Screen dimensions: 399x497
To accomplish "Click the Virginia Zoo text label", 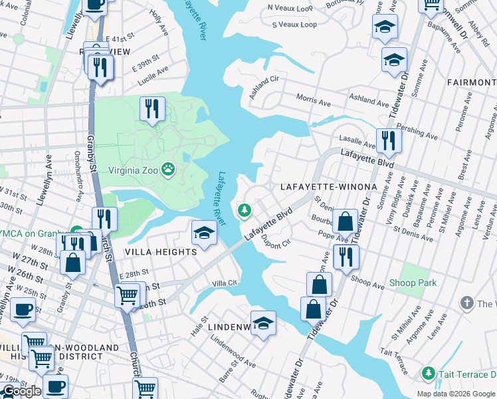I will click(x=128, y=170).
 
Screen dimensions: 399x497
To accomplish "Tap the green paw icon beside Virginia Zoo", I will click(x=169, y=170).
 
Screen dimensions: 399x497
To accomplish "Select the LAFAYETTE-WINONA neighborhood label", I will click(x=328, y=187).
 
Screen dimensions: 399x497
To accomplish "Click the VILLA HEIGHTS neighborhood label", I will click(x=160, y=252).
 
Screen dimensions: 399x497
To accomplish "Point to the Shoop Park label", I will click(x=413, y=283).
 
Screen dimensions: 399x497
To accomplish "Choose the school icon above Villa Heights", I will click(x=204, y=232).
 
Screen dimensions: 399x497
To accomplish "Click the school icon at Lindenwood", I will click(x=264, y=323).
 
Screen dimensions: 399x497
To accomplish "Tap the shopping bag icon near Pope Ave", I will click(x=346, y=221).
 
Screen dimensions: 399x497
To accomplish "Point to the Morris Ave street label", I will click(x=313, y=101).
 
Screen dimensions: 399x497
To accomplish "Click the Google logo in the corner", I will click(x=22, y=391).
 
